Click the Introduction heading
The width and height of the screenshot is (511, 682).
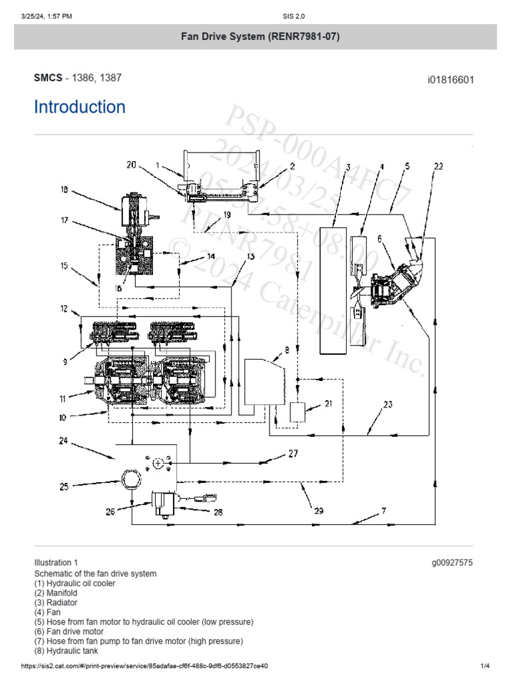tap(80, 107)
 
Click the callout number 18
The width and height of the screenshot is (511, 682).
tap(64, 190)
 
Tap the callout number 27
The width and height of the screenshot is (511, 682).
tap(293, 454)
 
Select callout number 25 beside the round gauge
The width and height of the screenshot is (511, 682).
tap(64, 486)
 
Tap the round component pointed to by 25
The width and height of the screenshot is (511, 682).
tap(130, 484)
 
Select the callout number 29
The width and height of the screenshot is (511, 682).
tap(319, 511)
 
